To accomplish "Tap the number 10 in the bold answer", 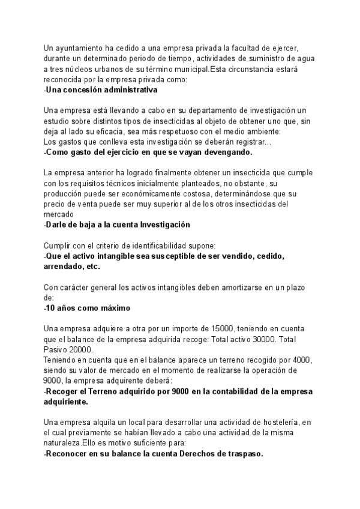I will tap(52, 308).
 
